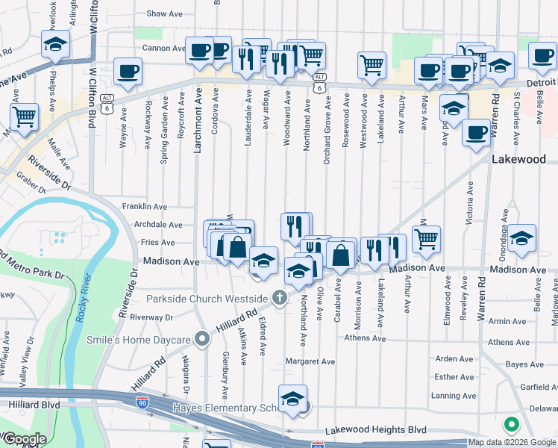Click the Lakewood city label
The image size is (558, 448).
click(524, 160)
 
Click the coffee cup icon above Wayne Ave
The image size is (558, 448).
click(128, 71)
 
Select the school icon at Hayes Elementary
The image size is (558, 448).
click(293, 399)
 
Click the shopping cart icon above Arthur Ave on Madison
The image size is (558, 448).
click(426, 239)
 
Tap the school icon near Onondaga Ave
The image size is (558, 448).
click(522, 237)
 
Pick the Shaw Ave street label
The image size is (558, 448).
click(165, 13)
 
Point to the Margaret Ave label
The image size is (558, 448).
click(311, 361)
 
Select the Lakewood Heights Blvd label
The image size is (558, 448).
click(376, 431)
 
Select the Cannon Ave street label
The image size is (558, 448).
click(163, 49)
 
